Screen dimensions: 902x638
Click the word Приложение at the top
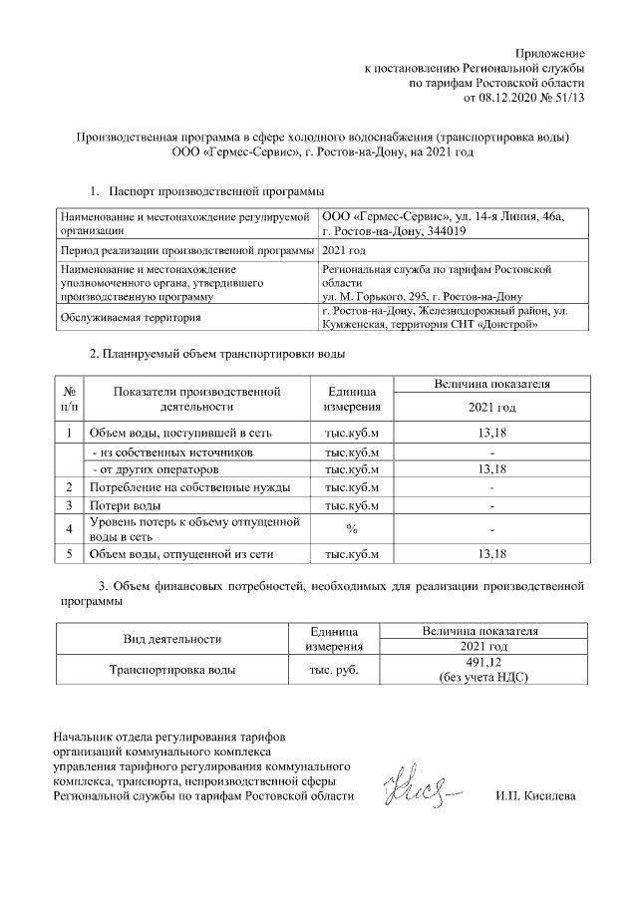(x=550, y=51)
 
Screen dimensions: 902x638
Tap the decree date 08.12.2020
(x=512, y=98)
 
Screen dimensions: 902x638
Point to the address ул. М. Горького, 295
(x=380, y=296)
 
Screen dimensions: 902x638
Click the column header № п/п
(x=70, y=399)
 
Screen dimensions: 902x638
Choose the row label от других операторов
(x=156, y=469)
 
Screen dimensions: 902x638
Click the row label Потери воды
(x=124, y=505)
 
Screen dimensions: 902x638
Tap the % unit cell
(x=351, y=528)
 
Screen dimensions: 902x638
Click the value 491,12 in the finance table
(x=482, y=663)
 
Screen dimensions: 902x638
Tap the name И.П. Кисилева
(x=535, y=796)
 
